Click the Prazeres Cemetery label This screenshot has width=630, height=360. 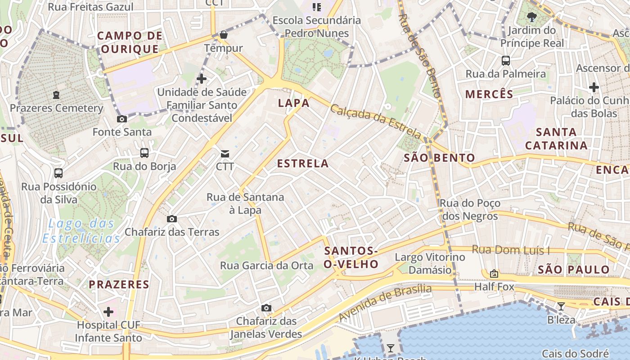[57, 108]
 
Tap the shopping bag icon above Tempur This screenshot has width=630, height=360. [224, 35]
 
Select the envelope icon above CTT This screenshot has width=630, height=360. [225, 154]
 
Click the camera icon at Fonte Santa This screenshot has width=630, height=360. [121, 119]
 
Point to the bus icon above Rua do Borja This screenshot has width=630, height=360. [144, 153]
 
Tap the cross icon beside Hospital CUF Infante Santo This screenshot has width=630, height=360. [108, 311]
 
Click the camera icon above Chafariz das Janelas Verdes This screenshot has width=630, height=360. [266, 308]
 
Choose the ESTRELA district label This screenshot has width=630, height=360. [303, 164]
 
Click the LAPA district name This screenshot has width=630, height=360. [294, 103]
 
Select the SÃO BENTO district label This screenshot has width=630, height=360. [439, 157]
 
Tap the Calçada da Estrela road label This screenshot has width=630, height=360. [376, 121]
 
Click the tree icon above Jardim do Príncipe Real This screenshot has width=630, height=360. [532, 18]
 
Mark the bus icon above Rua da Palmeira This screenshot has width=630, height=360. [506, 61]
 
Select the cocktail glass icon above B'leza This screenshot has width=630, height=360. [561, 306]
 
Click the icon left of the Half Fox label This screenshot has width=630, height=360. [494, 274]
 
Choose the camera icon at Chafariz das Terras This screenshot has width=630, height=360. [171, 219]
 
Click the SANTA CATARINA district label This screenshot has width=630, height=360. [556, 139]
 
